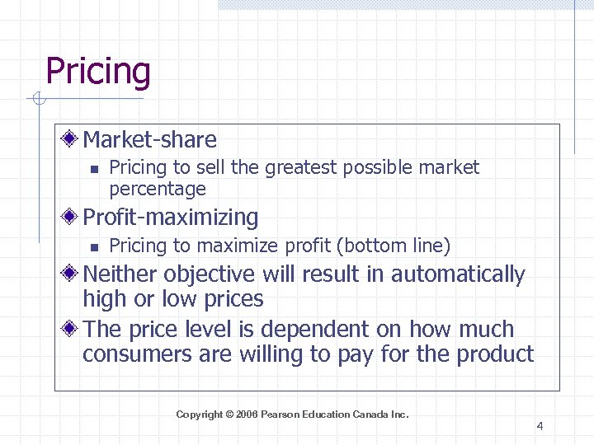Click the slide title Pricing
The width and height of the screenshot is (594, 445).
98,72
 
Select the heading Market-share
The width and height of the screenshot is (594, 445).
149,140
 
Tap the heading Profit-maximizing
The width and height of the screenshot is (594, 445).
170,218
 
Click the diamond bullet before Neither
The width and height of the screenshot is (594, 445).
72,273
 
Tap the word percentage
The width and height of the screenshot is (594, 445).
158,189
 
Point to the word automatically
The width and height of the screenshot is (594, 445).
458,274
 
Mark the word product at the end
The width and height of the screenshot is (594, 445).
497,355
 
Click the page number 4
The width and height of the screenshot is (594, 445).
540,426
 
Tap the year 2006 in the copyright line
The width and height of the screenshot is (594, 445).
247,415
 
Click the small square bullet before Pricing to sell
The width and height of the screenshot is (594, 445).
94,169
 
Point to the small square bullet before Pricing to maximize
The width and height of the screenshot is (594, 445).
94,246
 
